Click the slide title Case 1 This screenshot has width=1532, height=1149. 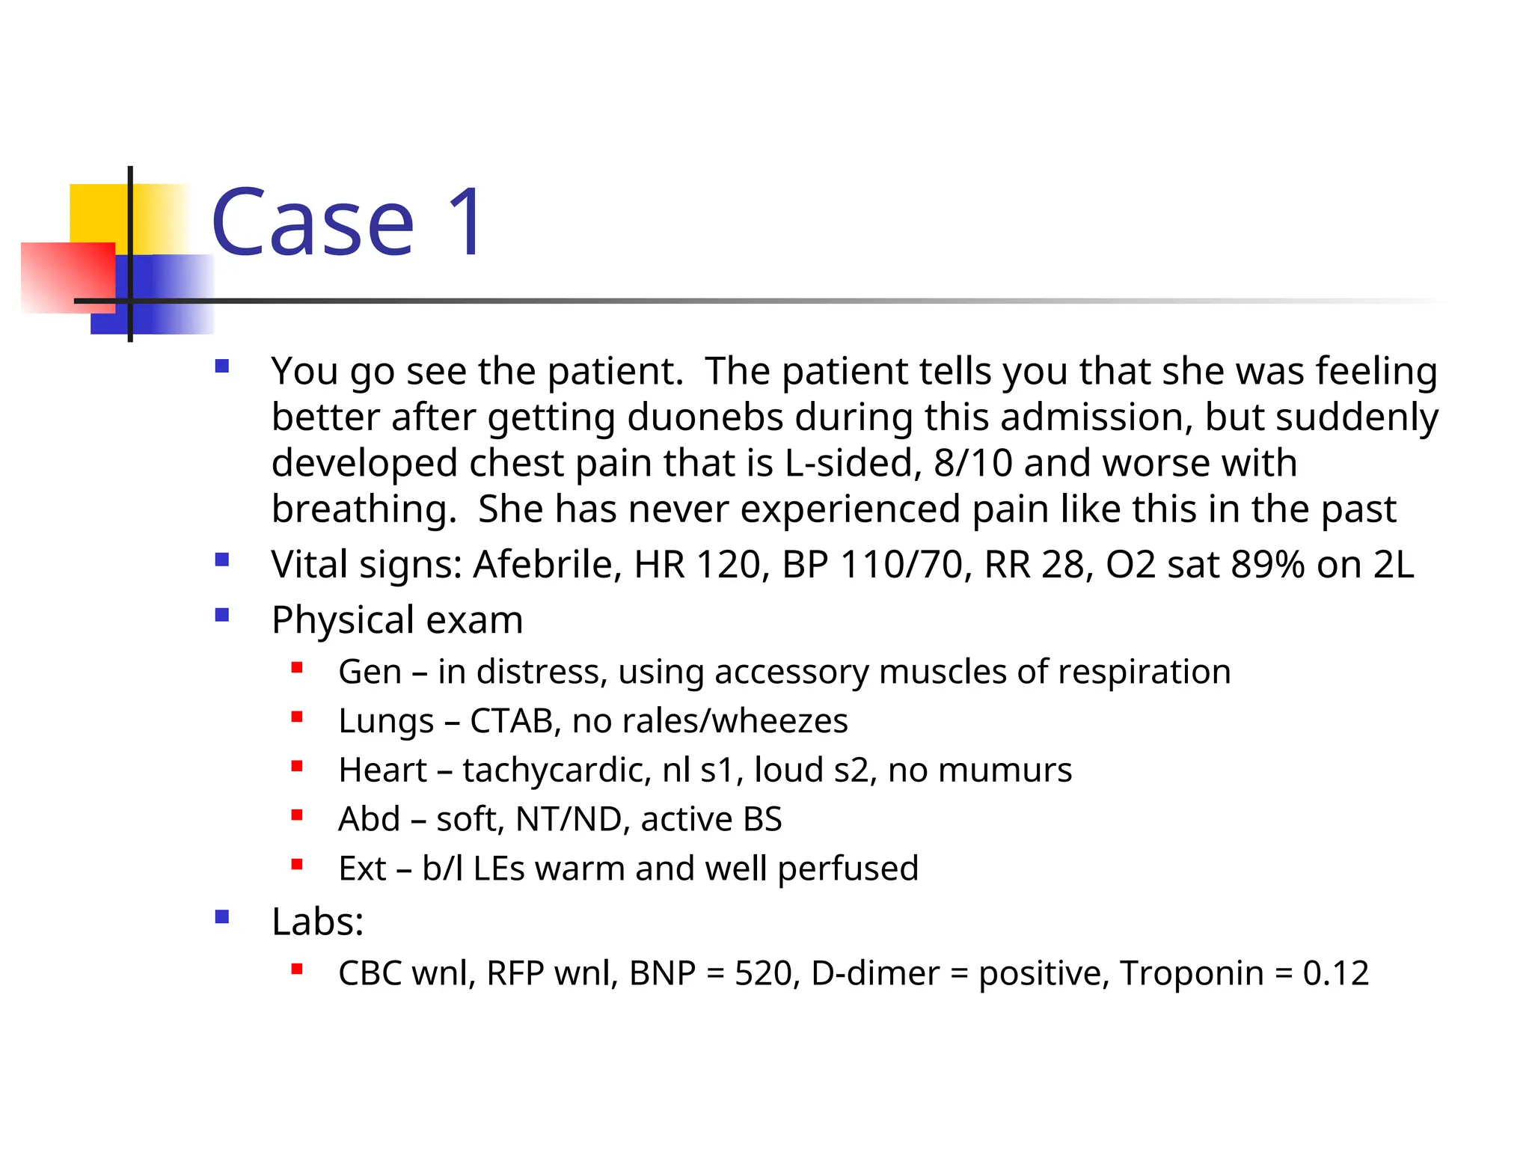coord(349,222)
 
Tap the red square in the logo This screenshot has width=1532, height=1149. coord(67,277)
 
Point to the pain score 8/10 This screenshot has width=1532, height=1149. coord(972,463)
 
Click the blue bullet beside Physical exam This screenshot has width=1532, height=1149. coord(221,616)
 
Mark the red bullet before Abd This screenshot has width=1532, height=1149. coord(297,815)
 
